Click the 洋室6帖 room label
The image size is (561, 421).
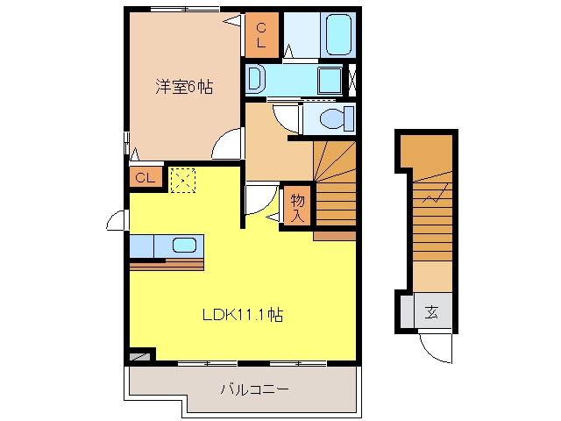(184, 87)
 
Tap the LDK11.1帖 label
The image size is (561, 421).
(243, 315)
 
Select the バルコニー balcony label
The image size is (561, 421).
(254, 389)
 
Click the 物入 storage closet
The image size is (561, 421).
(297, 208)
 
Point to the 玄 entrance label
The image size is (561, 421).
(431, 312)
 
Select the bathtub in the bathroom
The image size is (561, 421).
(338, 35)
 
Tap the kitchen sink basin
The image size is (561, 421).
(184, 246)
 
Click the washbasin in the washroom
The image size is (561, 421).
(256, 79)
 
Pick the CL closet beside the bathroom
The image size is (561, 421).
(262, 35)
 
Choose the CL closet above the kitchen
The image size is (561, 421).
(146, 177)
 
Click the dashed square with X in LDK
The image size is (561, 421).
(183, 181)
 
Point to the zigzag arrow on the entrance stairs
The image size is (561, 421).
(435, 193)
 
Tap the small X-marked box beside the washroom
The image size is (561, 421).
(352, 81)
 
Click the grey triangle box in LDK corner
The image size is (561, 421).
(139, 357)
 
